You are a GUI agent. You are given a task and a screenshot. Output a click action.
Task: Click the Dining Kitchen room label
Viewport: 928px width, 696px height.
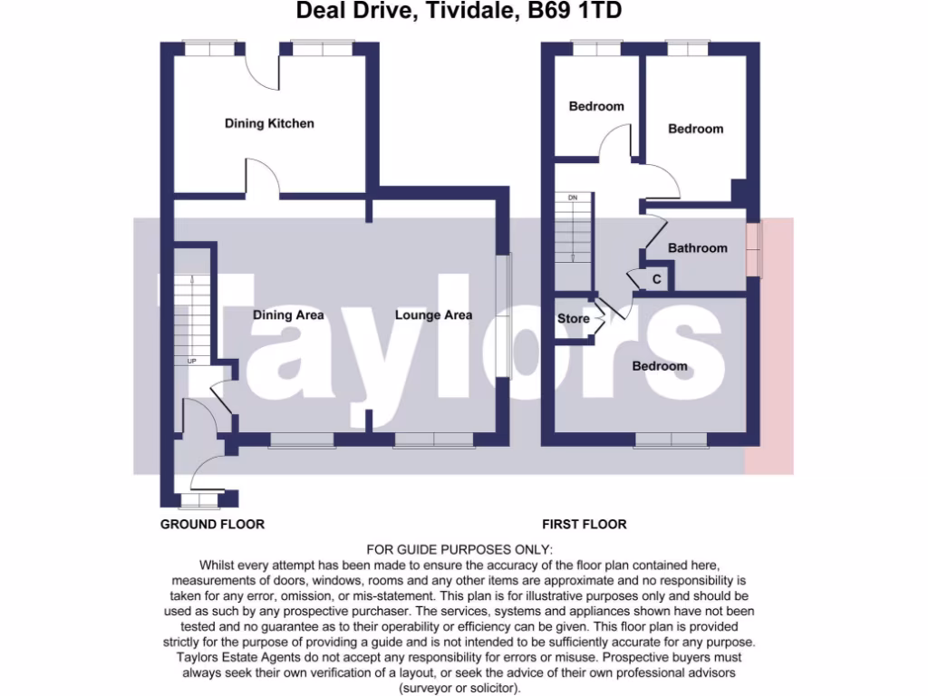(269, 123)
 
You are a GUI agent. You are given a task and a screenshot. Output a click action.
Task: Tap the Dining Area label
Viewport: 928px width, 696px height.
(288, 315)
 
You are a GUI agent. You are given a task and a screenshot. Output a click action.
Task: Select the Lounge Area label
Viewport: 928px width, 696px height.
(433, 315)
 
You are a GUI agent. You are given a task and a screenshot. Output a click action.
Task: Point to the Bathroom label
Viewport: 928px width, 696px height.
(697, 248)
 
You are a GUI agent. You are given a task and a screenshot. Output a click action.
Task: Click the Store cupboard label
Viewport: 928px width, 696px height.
(573, 319)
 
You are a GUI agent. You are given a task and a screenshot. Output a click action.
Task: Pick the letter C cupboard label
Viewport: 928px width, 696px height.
(656, 280)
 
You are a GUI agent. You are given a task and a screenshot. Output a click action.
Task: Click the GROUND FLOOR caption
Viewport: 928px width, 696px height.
(212, 524)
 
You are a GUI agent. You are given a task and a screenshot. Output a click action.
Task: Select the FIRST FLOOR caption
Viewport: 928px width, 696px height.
(584, 524)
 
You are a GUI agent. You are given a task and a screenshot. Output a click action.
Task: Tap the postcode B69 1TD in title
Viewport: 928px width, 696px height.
(575, 12)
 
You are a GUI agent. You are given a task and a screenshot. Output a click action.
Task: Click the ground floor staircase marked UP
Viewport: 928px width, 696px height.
(192, 317)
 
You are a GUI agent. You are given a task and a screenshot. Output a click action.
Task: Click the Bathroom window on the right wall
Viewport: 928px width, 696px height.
(752, 248)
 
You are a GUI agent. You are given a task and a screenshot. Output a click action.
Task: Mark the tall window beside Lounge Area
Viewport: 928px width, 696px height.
(504, 315)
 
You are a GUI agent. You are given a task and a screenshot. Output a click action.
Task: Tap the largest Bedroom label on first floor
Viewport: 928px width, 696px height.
(659, 366)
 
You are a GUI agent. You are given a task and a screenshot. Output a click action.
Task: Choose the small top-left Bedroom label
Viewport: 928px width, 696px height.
(596, 106)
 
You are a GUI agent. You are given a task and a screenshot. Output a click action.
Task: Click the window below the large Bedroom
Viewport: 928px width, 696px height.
(671, 440)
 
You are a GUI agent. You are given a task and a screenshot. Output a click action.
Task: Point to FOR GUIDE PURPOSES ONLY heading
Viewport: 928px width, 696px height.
(458, 549)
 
